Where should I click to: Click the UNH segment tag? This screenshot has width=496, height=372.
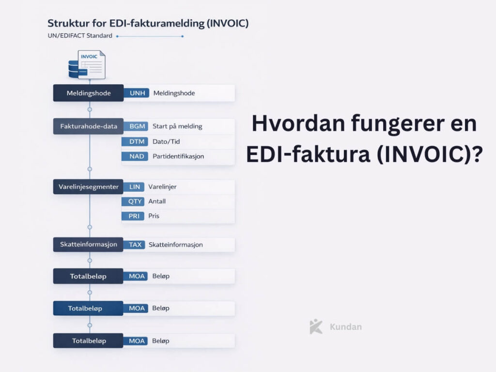136,93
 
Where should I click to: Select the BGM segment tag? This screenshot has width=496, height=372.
136,126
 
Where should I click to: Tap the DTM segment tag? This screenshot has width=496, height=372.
136,141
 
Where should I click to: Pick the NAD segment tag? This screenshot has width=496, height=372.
136,156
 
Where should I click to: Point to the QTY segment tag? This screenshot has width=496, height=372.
136,201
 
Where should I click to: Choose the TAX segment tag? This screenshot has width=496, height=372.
135,245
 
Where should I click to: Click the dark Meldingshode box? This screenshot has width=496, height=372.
88,93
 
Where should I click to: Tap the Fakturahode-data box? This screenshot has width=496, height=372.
88,126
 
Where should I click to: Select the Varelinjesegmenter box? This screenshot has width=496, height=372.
88,186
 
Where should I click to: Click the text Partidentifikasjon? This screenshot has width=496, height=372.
178,156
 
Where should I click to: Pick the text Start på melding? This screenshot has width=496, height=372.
177,126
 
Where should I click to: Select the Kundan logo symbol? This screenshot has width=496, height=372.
316,326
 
